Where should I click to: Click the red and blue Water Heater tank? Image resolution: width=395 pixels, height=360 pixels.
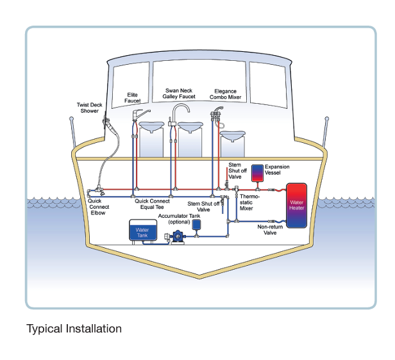click(x=296, y=206)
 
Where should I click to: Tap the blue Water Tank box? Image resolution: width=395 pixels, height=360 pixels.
click(x=142, y=232)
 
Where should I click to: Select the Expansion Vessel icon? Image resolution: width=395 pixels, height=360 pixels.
click(x=258, y=172)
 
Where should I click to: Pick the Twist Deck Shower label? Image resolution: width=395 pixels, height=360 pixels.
click(x=87, y=108)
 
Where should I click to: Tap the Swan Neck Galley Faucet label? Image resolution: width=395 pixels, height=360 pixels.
click(x=179, y=94)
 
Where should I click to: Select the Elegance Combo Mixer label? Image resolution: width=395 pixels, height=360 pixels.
click(x=225, y=95)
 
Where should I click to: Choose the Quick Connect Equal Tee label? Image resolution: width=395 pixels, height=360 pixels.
click(x=154, y=204)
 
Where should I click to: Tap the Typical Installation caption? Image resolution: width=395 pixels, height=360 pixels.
click(x=74, y=329)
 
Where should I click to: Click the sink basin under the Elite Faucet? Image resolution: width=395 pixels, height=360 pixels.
click(x=151, y=127)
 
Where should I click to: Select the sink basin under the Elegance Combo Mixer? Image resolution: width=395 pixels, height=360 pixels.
click(x=232, y=135)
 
